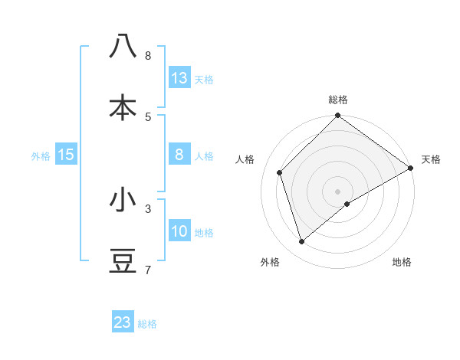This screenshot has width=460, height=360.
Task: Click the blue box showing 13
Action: click(x=179, y=77)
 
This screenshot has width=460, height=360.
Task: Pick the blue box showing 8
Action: click(x=179, y=155)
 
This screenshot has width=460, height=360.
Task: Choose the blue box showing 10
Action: click(x=179, y=232)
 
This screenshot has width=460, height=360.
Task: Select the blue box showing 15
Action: click(x=66, y=155)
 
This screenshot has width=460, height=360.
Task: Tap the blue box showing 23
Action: click(x=123, y=322)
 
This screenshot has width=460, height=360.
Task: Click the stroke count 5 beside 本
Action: click(x=148, y=116)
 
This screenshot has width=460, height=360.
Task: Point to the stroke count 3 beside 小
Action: click(x=148, y=208)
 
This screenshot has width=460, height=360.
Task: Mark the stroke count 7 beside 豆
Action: click(x=148, y=270)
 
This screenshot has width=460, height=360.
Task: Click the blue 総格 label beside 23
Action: click(x=148, y=324)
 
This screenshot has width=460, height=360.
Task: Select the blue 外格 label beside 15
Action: click(x=41, y=155)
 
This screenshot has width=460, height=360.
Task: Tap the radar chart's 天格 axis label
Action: click(x=431, y=159)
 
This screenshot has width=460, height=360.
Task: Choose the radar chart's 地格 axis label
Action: click(x=402, y=262)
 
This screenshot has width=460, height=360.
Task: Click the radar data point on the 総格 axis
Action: click(x=337, y=116)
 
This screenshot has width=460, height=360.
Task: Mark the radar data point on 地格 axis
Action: click(x=347, y=204)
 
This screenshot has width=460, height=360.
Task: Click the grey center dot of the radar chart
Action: click(x=337, y=191)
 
